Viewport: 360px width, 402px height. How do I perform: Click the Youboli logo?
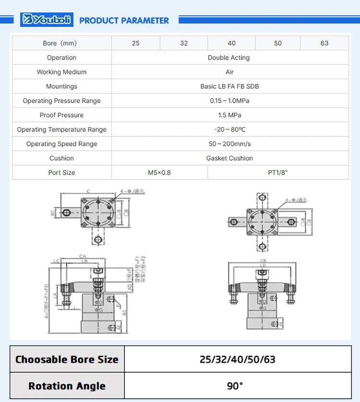point(47,20)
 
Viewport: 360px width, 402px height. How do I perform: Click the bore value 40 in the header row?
point(232,43)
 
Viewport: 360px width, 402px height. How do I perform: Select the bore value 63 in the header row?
point(324,43)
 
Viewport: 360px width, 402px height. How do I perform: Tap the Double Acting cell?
point(229,58)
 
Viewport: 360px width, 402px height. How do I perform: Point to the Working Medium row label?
point(62,72)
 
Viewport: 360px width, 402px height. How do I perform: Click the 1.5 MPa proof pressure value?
point(229,115)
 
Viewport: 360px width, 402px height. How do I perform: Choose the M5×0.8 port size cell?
point(159,173)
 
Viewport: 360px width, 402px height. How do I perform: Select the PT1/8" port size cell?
point(278,173)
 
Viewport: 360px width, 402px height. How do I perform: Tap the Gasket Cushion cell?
point(229,158)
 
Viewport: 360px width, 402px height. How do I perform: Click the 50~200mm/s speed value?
point(229,144)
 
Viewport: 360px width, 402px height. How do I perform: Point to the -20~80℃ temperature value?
point(229,130)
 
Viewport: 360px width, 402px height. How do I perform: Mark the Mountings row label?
point(62,86)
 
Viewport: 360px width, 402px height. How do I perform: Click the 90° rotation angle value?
point(235,386)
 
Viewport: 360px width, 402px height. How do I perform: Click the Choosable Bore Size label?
point(67,359)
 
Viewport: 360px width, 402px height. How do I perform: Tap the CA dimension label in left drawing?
point(83,257)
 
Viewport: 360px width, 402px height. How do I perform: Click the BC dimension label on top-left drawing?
point(53,212)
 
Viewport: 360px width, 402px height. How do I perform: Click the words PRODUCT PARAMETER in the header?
point(124,21)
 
